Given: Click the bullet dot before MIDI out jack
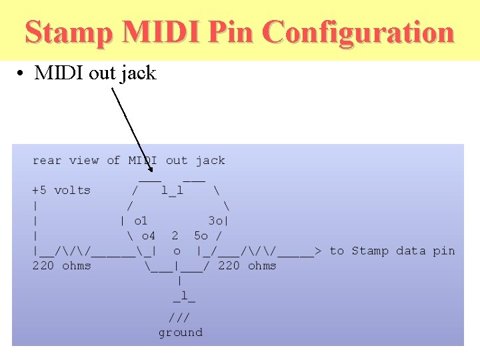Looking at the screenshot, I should coord(22,73).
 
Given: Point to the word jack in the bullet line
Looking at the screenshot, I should coord(138,73).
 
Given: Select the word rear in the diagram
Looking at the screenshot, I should coord(47,160).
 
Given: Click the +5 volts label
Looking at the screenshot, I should coord(61,190).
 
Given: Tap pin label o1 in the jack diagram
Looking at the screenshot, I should coord(141,221).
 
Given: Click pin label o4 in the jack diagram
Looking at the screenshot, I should coord(148,235).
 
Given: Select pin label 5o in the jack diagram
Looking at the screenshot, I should coord(201,235).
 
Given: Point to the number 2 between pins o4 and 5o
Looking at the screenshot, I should coord(175,235).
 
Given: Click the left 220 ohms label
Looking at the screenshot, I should coord(62,266).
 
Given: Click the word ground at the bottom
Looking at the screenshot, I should coord(180,332).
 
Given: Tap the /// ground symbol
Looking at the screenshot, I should coord(180,317).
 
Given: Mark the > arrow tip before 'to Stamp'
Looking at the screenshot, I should coord(318,251).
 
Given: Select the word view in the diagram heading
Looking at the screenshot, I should coord(84,160).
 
